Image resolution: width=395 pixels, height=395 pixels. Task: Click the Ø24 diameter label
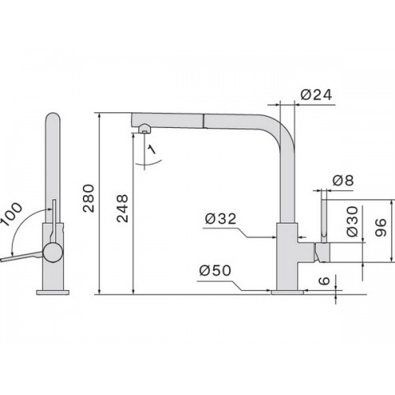316,95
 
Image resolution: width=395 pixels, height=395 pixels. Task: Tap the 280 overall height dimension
88,198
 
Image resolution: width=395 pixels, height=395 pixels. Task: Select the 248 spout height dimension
122,209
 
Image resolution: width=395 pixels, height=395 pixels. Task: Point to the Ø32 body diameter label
220,219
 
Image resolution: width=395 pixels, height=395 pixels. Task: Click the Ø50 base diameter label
215,270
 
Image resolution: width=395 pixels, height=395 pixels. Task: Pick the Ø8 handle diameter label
343,180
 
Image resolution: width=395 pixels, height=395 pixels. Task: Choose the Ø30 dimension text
352,221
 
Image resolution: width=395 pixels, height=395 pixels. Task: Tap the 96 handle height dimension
381,228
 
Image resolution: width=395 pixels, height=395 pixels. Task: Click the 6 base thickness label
324,280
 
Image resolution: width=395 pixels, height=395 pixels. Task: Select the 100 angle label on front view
11,213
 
